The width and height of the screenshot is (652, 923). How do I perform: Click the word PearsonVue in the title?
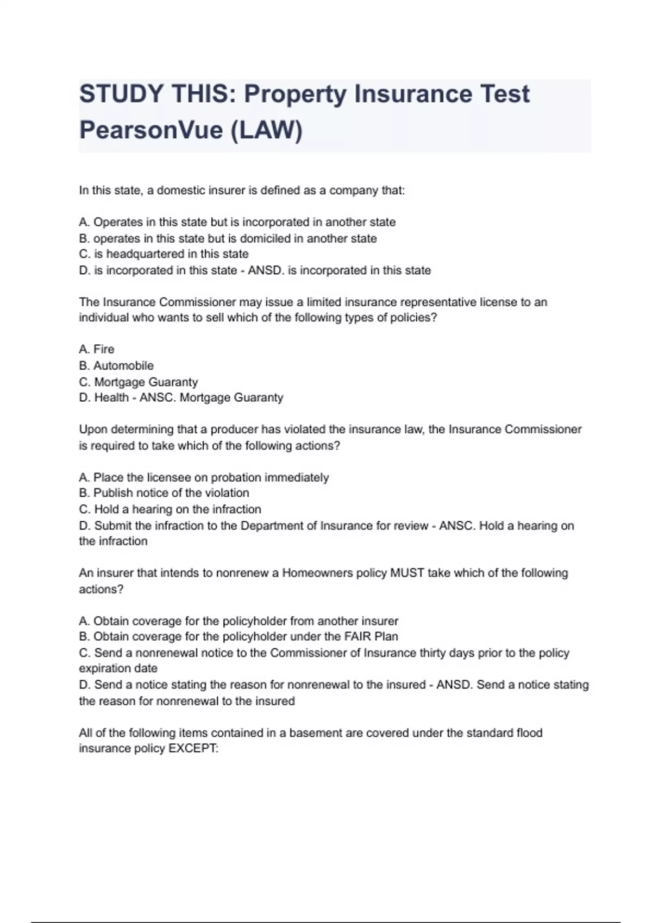pyautogui.click(x=151, y=130)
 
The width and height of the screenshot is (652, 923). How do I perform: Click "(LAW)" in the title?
pyautogui.click(x=267, y=130)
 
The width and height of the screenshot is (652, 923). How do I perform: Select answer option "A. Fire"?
pyautogui.click(x=97, y=349)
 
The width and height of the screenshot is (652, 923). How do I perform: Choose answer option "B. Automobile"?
pyautogui.click(x=116, y=365)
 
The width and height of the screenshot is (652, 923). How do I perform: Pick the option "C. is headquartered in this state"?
pyautogui.click(x=164, y=254)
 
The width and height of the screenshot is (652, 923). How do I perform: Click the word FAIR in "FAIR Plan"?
pyautogui.click(x=358, y=636)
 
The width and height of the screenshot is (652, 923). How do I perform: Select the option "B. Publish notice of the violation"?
pyautogui.click(x=164, y=493)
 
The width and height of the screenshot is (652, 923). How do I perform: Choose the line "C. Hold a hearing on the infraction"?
pyautogui.click(x=170, y=509)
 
